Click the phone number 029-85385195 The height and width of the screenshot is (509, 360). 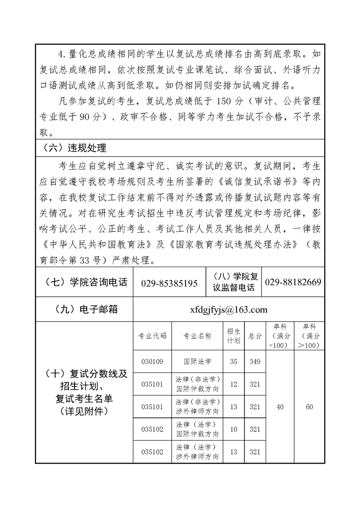click(x=169, y=283)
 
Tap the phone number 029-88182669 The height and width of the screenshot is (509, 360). click(x=293, y=282)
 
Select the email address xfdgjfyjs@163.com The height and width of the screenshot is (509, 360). click(x=229, y=310)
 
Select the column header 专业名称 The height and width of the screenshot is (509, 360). click(x=197, y=336)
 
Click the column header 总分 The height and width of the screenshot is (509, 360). click(x=255, y=336)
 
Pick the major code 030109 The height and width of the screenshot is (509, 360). click(x=152, y=362)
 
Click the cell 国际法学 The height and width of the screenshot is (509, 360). click(x=197, y=362)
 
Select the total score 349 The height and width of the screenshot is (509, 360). click(x=255, y=362)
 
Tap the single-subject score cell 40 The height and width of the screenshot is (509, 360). click(x=280, y=407)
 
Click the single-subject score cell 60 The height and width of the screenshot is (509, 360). click(x=310, y=407)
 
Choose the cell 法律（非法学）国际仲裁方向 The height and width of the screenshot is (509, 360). click(x=197, y=384)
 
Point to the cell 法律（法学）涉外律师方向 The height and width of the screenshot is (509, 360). click(x=197, y=452)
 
